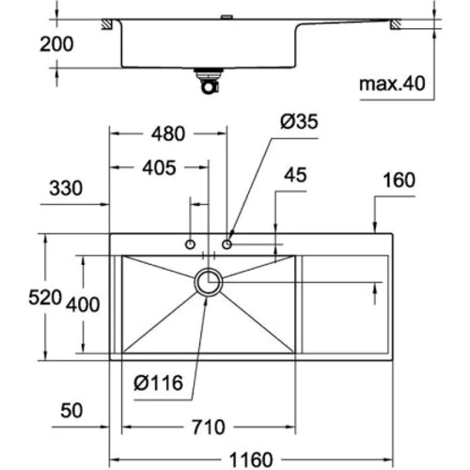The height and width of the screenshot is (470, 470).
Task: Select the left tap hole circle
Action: (192, 244)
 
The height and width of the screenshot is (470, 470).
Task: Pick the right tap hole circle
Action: (227, 244)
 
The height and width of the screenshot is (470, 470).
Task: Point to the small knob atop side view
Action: (227, 18)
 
